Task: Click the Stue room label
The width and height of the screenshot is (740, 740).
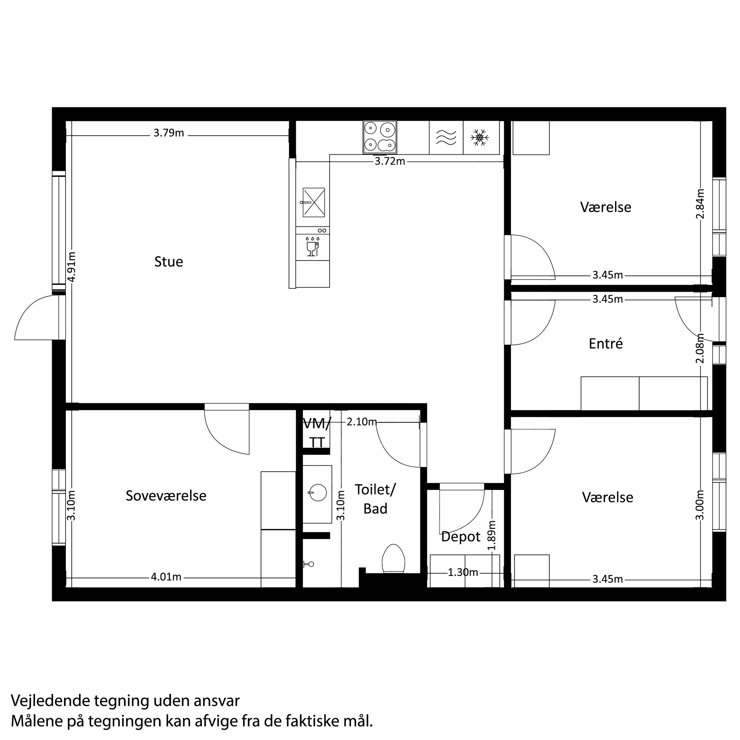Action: click(x=169, y=262)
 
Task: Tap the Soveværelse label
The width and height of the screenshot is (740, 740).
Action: click(x=166, y=495)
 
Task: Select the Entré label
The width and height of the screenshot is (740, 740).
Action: click(x=605, y=343)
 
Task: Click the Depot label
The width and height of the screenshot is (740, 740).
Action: click(x=460, y=536)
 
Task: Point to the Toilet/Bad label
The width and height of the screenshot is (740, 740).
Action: click(x=375, y=499)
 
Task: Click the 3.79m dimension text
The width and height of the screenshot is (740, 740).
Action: click(x=169, y=133)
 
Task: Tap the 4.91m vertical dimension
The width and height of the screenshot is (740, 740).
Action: click(x=72, y=267)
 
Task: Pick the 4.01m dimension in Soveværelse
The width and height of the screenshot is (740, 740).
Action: click(x=166, y=577)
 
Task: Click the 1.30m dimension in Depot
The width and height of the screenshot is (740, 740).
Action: click(x=463, y=572)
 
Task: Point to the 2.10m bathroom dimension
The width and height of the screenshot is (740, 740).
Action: click(x=362, y=422)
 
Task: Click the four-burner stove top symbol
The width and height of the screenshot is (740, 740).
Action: click(x=379, y=137)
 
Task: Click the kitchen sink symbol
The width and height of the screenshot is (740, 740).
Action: click(x=314, y=202)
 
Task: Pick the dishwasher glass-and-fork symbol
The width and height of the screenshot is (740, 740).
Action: click(x=312, y=246)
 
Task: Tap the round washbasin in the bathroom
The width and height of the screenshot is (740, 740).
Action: click(x=318, y=492)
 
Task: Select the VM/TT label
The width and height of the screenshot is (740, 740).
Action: click(x=317, y=433)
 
